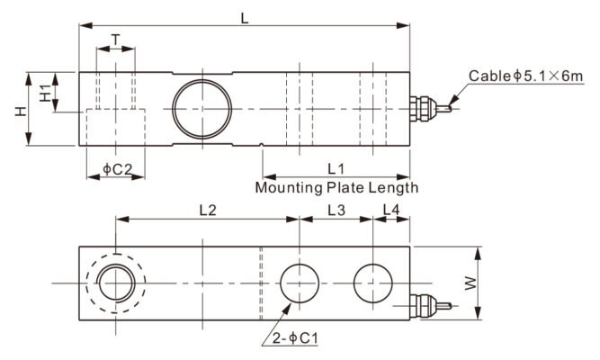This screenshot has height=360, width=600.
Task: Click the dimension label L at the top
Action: [x=244, y=15]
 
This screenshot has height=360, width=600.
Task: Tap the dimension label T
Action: [x=116, y=40]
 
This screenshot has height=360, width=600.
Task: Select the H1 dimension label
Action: [x=45, y=91]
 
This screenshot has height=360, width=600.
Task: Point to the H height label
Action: [x=18, y=110]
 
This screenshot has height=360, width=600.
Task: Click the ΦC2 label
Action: [x=117, y=168]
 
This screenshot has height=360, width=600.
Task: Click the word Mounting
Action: [x=288, y=188]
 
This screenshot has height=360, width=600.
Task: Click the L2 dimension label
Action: [x=206, y=209]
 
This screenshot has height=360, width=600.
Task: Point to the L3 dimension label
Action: [x=336, y=209]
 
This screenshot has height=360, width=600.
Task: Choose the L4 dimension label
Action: [x=392, y=209]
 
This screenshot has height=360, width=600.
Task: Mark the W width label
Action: [x=469, y=283]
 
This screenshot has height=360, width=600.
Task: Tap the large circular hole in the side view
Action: [x=201, y=107]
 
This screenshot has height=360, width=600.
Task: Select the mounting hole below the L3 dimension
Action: [x=300, y=284]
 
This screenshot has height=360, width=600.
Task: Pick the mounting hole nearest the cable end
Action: [x=373, y=284]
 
